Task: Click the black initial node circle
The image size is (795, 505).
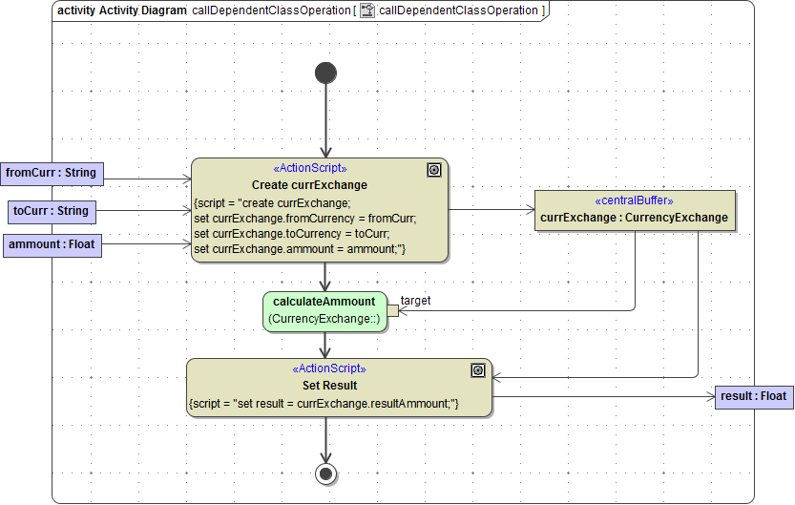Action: (325, 73)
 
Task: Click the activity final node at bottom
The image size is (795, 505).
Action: (325, 473)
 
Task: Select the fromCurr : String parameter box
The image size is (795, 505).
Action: (52, 173)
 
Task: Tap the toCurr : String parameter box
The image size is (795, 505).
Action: (52, 211)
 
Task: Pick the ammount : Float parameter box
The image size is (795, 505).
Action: (52, 245)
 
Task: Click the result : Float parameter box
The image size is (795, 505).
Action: (753, 396)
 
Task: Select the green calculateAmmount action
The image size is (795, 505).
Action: (324, 310)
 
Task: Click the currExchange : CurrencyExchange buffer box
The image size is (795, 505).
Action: (634, 210)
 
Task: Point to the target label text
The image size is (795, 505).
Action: (415, 301)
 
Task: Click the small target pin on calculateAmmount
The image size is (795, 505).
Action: (392, 310)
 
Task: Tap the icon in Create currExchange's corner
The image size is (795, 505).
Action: (434, 170)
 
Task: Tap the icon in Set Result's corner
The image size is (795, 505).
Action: (478, 370)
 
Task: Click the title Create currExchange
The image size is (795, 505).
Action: (309, 184)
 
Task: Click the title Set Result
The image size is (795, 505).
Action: (329, 386)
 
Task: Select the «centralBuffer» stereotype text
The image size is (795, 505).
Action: (634, 201)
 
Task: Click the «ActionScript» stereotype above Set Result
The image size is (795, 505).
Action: (328, 368)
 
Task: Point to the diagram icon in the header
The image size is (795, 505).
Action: (366, 11)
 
